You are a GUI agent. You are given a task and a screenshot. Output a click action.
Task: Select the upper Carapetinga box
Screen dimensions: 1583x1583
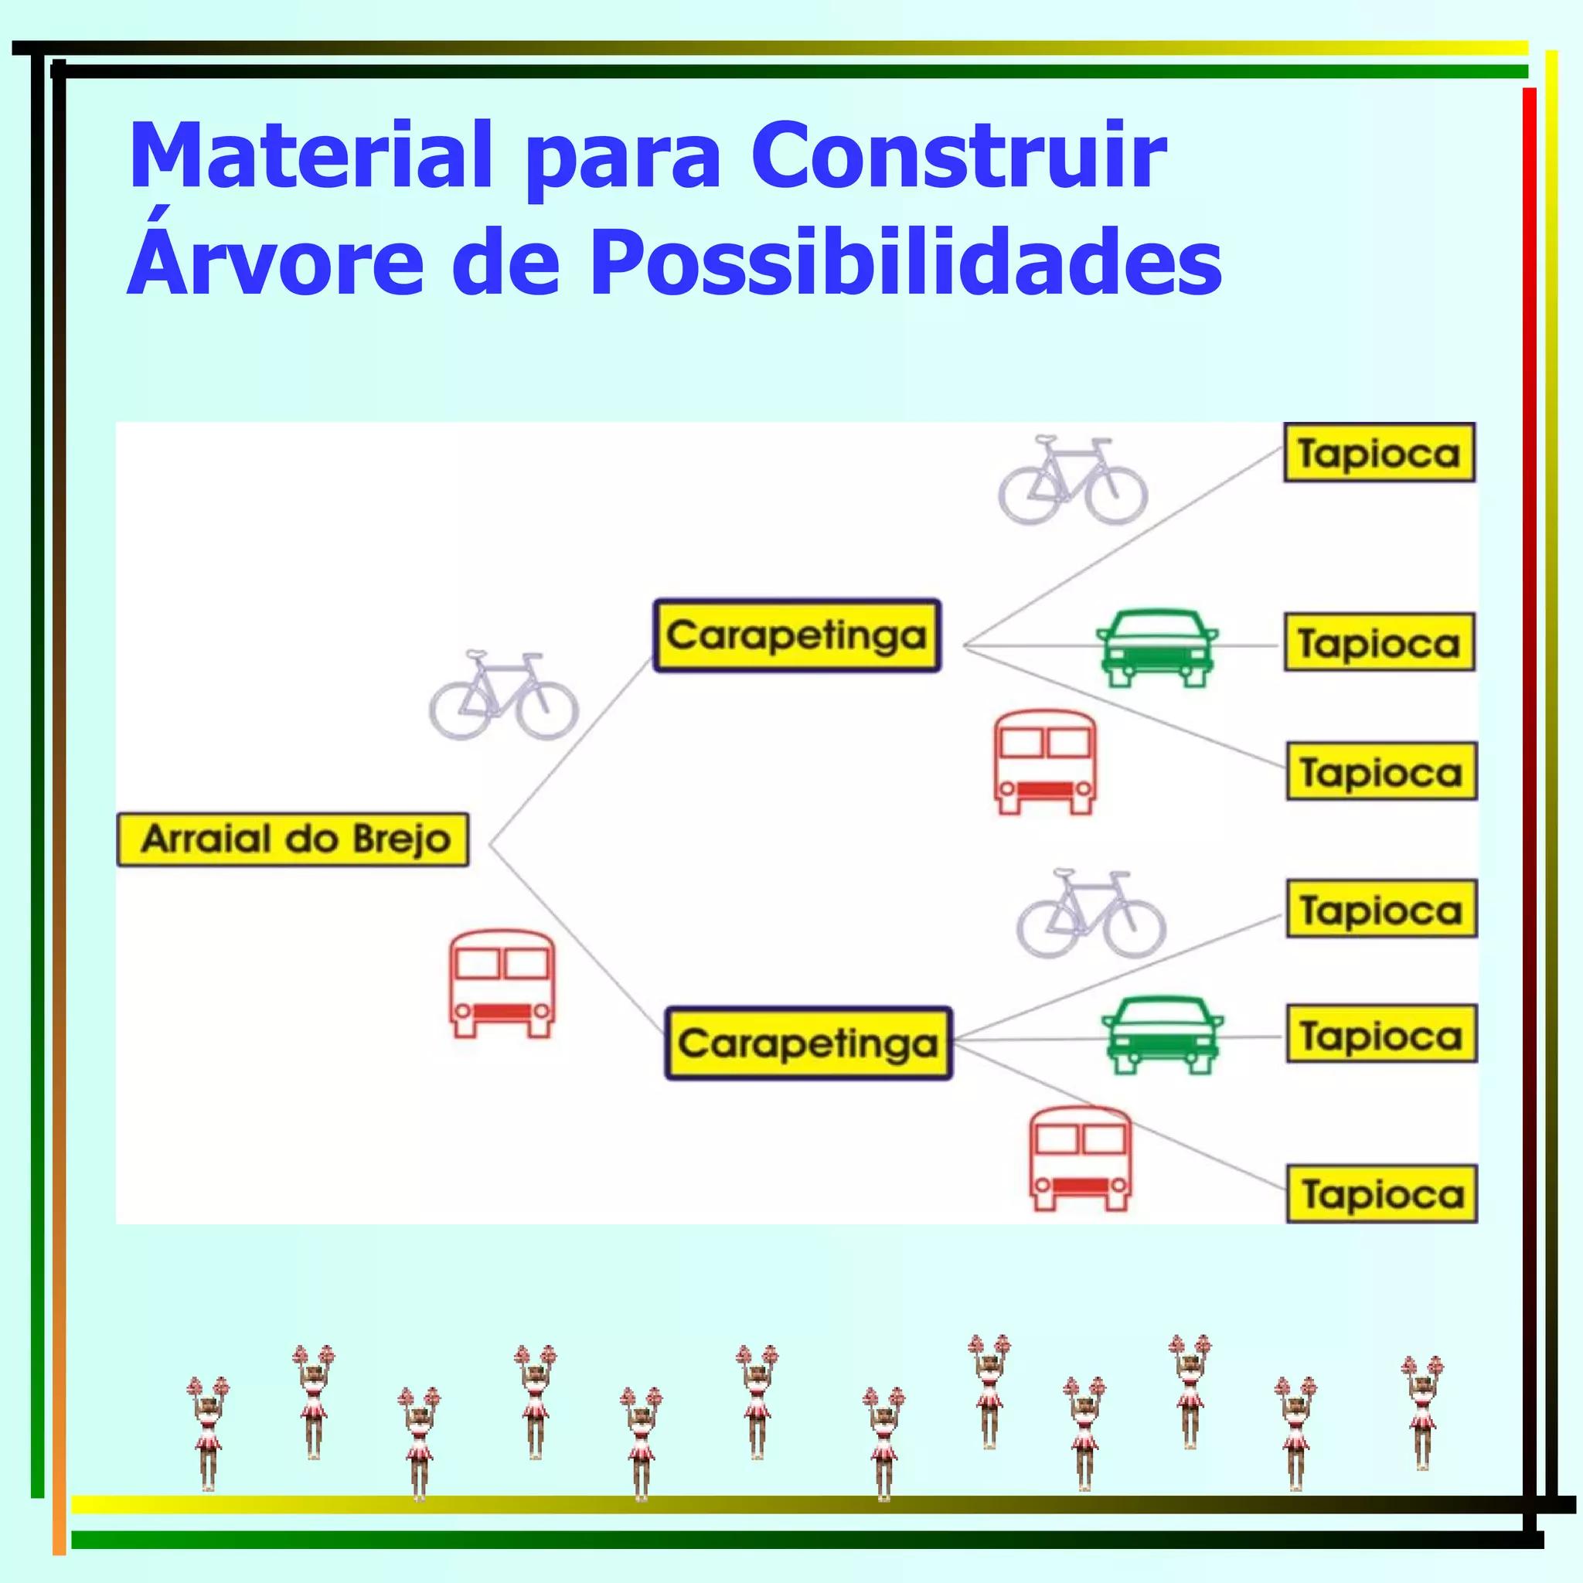796,636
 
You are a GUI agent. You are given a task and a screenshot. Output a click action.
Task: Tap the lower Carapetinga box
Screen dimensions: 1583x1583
808,1043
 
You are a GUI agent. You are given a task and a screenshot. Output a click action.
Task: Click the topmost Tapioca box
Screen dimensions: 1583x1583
1379,453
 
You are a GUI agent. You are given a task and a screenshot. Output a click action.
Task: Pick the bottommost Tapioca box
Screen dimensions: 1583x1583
1382,1193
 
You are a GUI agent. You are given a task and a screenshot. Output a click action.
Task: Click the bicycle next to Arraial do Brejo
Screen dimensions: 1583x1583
503,696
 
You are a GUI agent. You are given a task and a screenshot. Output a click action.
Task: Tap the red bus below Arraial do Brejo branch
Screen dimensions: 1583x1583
502,984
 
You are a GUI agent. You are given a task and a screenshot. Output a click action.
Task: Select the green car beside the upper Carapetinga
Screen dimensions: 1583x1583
1156,647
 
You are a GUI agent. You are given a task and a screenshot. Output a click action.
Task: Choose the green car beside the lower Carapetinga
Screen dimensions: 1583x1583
1162,1035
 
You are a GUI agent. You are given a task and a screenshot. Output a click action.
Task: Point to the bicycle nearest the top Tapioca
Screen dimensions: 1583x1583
1073,481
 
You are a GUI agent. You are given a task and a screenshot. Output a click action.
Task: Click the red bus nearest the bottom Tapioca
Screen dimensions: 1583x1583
1080,1159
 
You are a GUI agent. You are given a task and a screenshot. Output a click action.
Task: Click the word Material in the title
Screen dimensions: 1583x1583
311,155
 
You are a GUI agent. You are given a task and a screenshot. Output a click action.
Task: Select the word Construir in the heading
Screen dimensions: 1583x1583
958,155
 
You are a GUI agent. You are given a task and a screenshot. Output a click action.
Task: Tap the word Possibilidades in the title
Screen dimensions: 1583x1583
905,262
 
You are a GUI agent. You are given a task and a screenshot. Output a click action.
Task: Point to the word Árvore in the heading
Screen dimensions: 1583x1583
275,262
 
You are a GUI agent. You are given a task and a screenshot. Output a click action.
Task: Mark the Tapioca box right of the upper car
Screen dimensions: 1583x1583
1379,642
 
